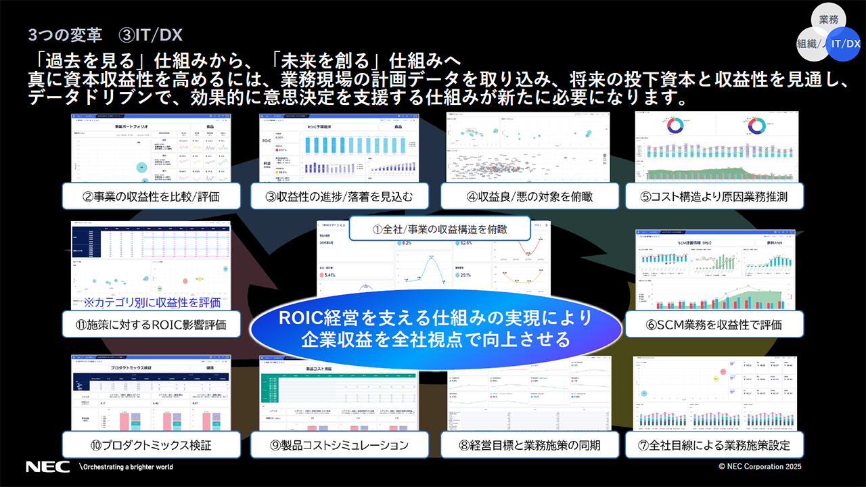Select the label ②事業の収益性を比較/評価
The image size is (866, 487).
(x=152, y=197)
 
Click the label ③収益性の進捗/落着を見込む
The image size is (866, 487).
(x=340, y=197)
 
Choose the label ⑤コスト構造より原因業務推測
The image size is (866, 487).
(x=714, y=197)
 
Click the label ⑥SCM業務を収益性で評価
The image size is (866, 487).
(x=714, y=324)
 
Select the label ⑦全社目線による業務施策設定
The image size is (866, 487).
(x=714, y=445)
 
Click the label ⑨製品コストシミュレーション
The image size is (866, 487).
(x=340, y=445)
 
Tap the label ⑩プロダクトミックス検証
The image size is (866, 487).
(x=152, y=445)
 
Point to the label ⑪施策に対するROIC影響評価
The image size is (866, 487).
(x=152, y=324)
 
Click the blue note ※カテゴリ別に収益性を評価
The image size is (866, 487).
(x=152, y=302)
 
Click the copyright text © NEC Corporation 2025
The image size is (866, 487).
(x=760, y=467)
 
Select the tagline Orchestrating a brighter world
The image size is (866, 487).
(x=127, y=467)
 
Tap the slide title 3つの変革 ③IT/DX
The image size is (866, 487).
(x=106, y=34)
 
